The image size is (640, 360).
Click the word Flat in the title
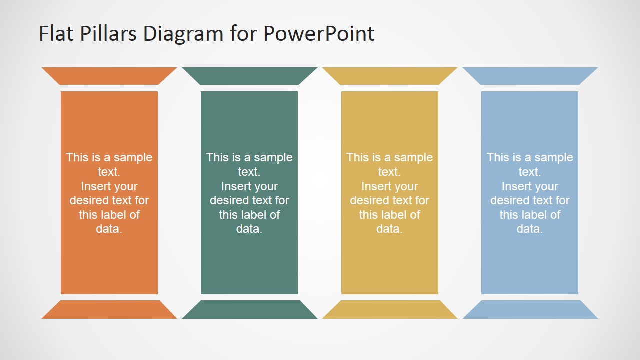click(56, 33)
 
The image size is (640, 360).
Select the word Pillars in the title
click(108, 33)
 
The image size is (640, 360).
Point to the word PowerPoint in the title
click(319, 33)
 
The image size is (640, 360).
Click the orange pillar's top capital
click(109, 76)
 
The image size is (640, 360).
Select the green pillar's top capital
click(249, 76)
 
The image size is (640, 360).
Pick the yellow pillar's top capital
click(390, 76)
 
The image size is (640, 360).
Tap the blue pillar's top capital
click(530, 76)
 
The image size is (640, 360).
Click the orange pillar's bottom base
click(109, 309)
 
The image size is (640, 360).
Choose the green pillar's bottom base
click(249, 309)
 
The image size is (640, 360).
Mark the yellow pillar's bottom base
click(390, 309)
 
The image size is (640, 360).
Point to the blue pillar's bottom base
click(530, 309)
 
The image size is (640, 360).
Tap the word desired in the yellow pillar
click(368, 200)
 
